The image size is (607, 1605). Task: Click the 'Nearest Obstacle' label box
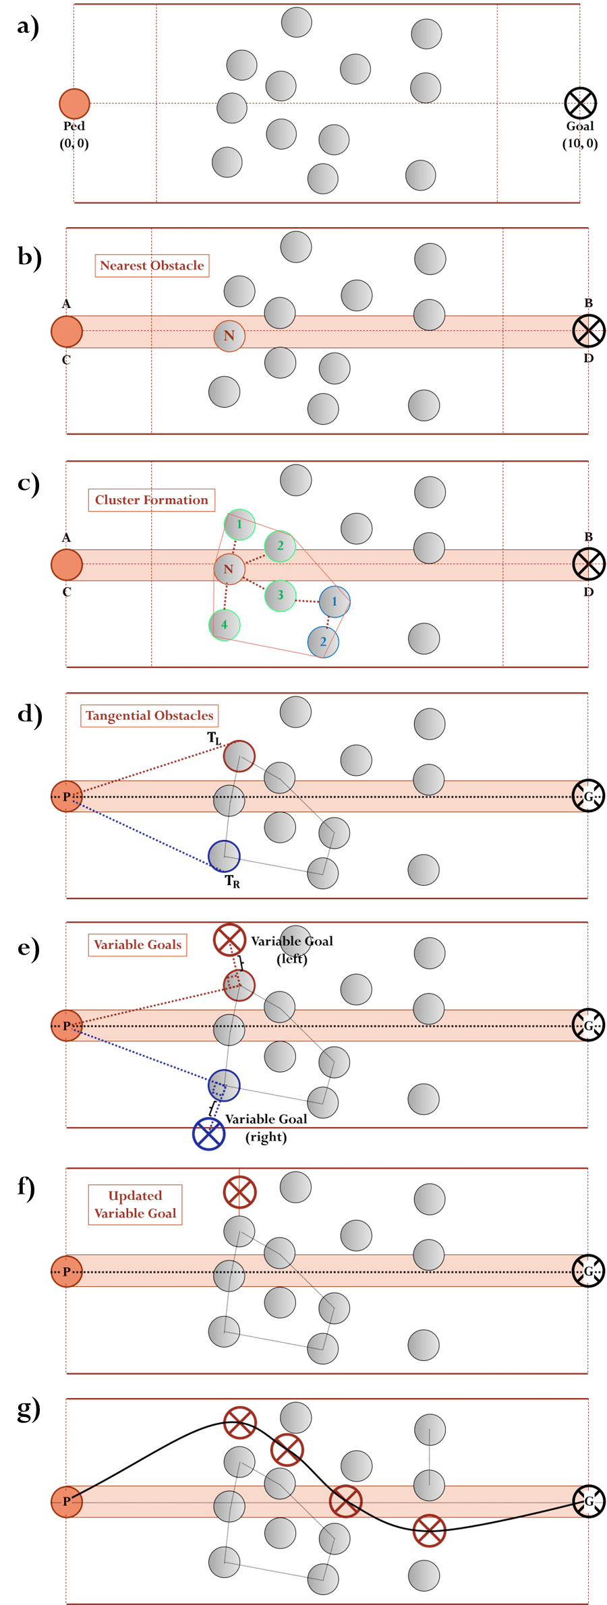coord(152,266)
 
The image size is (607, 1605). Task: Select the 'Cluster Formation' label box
coord(152,500)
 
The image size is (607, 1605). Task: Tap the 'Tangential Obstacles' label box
coord(150,716)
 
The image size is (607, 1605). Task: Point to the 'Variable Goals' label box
coord(138,945)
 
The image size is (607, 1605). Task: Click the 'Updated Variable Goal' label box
coord(136,1205)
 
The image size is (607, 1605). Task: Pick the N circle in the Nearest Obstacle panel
coord(229,336)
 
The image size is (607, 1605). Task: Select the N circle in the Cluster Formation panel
coord(229,570)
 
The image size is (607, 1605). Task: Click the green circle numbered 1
coord(239,524)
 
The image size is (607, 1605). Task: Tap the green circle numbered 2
coord(280,546)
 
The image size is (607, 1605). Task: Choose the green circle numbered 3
coord(280,596)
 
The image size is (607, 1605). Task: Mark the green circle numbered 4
coord(225,625)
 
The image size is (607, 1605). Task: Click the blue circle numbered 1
coord(335,602)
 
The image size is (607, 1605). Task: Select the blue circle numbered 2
coord(323,642)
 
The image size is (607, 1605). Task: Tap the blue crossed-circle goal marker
coord(209,1134)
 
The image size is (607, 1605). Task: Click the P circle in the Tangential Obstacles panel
coord(67,797)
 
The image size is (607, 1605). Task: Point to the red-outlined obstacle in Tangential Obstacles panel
coord(239,756)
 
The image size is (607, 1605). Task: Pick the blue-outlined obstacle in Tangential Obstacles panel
coord(224,856)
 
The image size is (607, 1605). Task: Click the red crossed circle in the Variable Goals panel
coord(229,940)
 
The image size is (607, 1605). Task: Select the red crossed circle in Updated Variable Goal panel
coord(239,1192)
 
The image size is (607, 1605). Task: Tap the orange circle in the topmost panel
coord(74,104)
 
